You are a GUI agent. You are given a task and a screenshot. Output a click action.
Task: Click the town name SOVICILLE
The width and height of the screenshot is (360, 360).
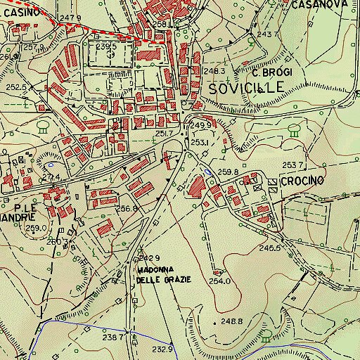pyautogui.click(x=247, y=87)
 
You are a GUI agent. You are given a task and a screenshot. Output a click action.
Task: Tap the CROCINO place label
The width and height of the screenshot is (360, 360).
pyautogui.click(x=302, y=181)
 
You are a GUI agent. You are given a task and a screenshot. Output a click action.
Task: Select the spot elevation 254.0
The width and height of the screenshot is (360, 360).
pyautogui.click(x=219, y=281)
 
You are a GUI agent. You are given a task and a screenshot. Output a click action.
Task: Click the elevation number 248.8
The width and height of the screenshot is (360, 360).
pyautogui.click(x=231, y=321)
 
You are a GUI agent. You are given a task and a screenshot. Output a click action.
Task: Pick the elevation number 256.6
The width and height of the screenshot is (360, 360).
pyautogui.click(x=127, y=208)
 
